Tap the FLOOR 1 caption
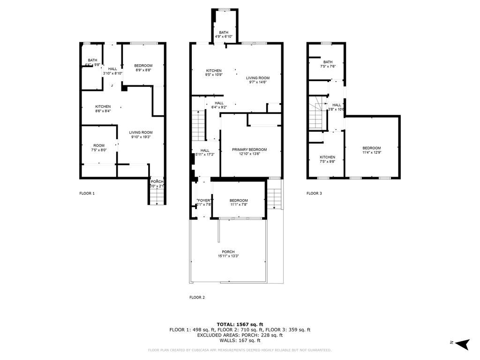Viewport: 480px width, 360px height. tap(87, 193)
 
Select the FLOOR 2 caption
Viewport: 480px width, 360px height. tap(197, 297)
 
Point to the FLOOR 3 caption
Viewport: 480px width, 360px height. tap(314, 193)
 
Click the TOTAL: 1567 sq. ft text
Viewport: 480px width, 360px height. tap(240, 324)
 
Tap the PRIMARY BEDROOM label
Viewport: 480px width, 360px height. tap(249, 150)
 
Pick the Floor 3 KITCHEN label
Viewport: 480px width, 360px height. tap(327, 157)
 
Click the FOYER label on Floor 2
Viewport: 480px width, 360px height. tap(204, 201)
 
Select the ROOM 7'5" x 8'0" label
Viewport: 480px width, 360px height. tap(98, 145)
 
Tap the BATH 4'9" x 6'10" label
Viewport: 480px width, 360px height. tap(224, 32)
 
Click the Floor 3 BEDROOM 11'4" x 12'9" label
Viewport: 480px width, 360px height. tap(371, 148)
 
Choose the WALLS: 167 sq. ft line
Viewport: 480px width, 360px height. tap(240, 340)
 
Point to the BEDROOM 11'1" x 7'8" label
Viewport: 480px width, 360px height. tap(239, 201)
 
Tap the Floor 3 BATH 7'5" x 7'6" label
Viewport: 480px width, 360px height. tap(328, 62)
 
